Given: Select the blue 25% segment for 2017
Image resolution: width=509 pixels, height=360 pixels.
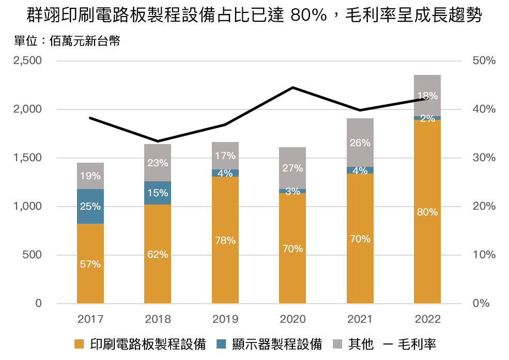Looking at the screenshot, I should pyautogui.click(x=90, y=207).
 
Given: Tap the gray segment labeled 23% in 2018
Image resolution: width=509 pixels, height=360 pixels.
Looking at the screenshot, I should pyautogui.click(x=158, y=163).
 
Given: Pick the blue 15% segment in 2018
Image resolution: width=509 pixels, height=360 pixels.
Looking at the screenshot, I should pyautogui.click(x=158, y=193).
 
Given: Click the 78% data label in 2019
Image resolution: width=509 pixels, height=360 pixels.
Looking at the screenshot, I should pyautogui.click(x=225, y=241).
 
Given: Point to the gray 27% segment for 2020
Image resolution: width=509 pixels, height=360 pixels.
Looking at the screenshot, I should pyautogui.click(x=292, y=168).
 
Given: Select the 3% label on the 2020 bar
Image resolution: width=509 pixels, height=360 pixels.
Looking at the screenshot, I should pyautogui.click(x=292, y=191).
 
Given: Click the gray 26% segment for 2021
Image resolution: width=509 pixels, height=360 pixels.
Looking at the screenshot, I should pyautogui.click(x=360, y=143).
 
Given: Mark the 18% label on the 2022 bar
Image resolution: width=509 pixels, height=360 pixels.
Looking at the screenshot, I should pyautogui.click(x=427, y=96).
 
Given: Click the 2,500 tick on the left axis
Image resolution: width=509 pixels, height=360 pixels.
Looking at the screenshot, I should pyautogui.click(x=27, y=61).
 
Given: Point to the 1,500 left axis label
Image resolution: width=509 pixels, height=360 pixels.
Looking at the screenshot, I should pyautogui.click(x=27, y=158).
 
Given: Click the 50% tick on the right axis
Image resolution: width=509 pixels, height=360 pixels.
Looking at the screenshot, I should pyautogui.click(x=484, y=61).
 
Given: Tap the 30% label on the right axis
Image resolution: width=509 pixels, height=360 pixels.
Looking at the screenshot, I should pyautogui.click(x=484, y=158).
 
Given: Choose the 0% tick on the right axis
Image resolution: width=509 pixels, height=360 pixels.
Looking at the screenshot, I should pyautogui.click(x=481, y=304).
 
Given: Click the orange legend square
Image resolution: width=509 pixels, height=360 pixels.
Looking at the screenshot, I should pyautogui.click(x=79, y=344).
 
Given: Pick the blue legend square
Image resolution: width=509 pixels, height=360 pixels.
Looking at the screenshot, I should pyautogui.click(x=221, y=344).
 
